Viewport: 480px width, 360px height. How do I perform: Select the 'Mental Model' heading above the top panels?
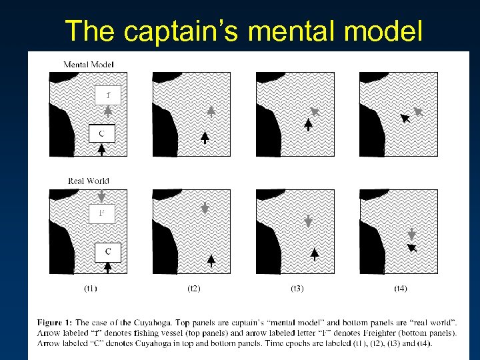89,65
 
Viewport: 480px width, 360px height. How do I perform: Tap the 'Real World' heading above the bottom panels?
89,181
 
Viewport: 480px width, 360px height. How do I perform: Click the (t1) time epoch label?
91,289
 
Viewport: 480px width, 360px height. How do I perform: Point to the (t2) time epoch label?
194,289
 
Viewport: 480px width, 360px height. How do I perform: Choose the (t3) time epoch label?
297,289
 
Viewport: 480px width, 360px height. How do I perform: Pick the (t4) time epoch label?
401,289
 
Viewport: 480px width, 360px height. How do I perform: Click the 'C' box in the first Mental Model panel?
101,133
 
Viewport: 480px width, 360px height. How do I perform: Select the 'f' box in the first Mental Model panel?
107,95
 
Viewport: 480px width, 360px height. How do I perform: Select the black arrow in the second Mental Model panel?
205,137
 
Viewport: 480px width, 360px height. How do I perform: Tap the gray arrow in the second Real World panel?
205,208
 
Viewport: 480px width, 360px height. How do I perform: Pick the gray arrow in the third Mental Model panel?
315,112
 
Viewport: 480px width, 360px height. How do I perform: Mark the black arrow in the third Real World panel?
314,254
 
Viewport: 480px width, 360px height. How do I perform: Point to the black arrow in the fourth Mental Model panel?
404,119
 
